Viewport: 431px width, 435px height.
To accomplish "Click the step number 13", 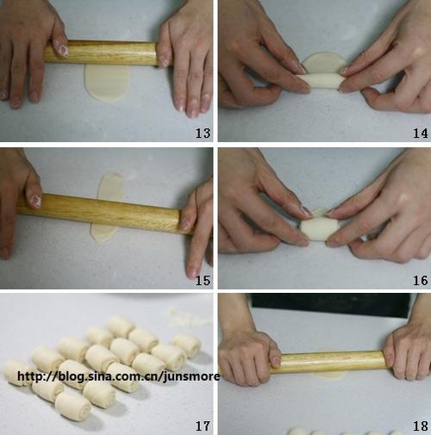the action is click(x=203, y=133).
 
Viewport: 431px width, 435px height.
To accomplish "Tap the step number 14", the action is click(x=421, y=133).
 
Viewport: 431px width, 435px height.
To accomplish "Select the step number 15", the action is click(x=203, y=280).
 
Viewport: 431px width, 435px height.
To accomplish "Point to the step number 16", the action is click(x=421, y=280).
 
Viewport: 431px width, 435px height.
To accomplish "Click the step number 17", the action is click(x=203, y=426).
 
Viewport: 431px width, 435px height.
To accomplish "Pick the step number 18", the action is click(x=421, y=426).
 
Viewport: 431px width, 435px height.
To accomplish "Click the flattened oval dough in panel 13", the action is click(x=107, y=83).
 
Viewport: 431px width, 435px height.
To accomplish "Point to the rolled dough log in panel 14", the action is click(x=324, y=81).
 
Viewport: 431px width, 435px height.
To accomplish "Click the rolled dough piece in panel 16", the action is click(x=320, y=227).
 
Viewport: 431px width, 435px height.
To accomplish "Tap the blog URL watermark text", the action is click(x=118, y=376).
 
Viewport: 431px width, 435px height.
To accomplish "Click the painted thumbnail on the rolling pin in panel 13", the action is click(x=62, y=49).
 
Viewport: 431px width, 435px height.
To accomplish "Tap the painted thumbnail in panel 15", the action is click(x=34, y=201).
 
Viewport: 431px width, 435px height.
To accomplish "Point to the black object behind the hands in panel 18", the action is click(x=330, y=305).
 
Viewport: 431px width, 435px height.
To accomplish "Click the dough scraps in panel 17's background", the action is click(x=187, y=317).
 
